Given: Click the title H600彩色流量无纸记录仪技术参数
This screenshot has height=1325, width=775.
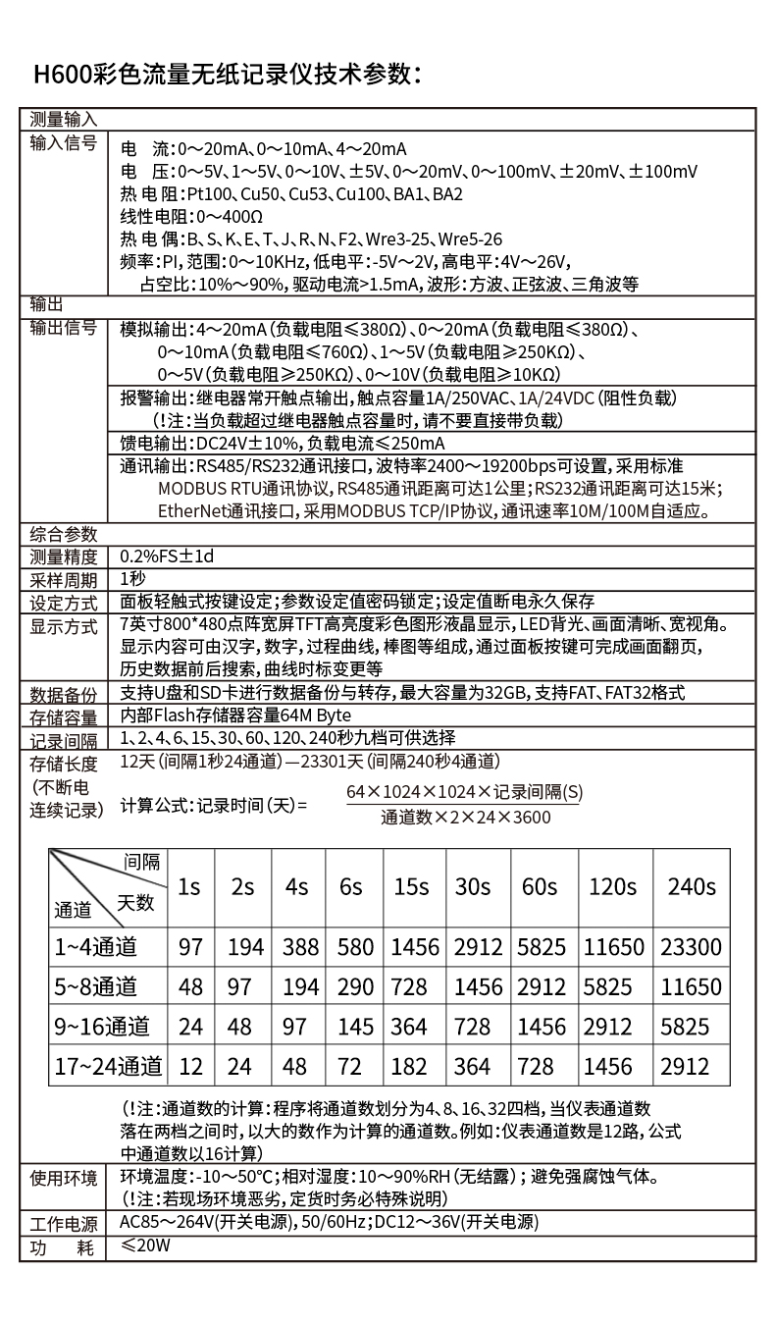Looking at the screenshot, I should click(x=228, y=75).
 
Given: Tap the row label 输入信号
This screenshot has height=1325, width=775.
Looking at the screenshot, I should click(x=64, y=144).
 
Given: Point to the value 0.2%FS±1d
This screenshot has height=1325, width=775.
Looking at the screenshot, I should click(x=166, y=556).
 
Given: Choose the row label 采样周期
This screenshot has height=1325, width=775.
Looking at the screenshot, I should click(x=64, y=579).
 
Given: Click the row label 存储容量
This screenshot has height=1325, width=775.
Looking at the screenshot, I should click(x=64, y=716).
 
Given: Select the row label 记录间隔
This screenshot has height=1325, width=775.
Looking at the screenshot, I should click(x=64, y=739).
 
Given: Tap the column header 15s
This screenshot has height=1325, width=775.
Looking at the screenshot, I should click(x=410, y=886).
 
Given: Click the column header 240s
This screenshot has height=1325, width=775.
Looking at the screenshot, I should click(x=691, y=886).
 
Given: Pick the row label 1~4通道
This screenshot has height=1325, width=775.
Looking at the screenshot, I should click(x=95, y=946).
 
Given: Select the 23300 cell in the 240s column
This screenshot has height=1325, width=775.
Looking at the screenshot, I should click(x=691, y=946).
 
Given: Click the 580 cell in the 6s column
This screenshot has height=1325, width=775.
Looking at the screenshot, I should click(x=355, y=946).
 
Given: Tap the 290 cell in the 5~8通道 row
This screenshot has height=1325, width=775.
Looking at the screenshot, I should click(x=355, y=986).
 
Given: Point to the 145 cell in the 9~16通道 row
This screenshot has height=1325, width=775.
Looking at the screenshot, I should click(x=355, y=1027).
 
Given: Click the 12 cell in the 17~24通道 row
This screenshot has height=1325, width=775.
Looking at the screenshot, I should click(x=190, y=1067).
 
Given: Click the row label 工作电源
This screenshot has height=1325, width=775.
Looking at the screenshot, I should click(x=64, y=1224).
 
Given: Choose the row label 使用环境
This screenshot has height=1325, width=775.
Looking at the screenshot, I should click(x=64, y=1178).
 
